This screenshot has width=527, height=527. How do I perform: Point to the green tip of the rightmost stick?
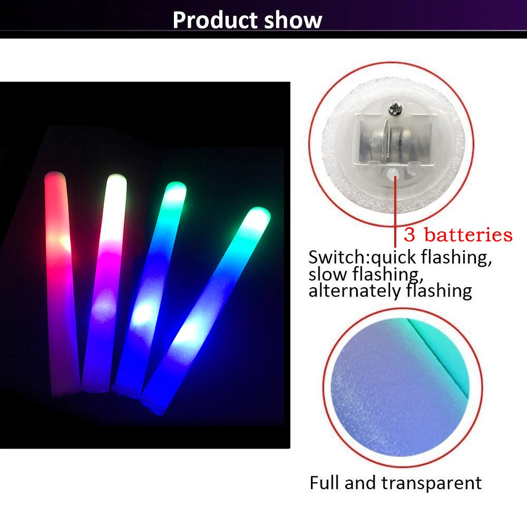259,216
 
